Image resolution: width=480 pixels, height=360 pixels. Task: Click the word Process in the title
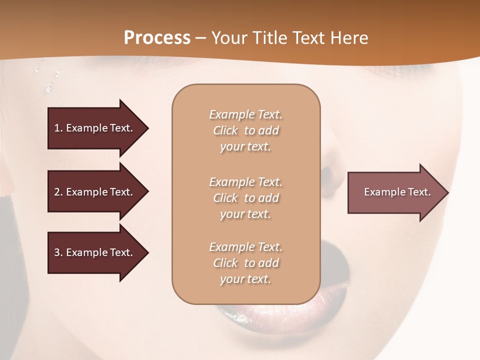(x=157, y=38)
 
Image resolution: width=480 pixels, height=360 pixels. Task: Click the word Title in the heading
(x=270, y=38)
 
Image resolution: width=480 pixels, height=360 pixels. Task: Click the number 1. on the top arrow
(x=58, y=128)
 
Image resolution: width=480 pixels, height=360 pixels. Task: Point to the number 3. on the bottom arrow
(x=58, y=252)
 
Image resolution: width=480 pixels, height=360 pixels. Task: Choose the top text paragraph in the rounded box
(x=245, y=130)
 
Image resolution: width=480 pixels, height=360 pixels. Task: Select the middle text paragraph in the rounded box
(x=245, y=198)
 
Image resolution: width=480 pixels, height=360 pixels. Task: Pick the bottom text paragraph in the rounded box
(x=245, y=263)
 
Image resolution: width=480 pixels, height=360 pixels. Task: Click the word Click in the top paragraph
(x=225, y=130)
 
